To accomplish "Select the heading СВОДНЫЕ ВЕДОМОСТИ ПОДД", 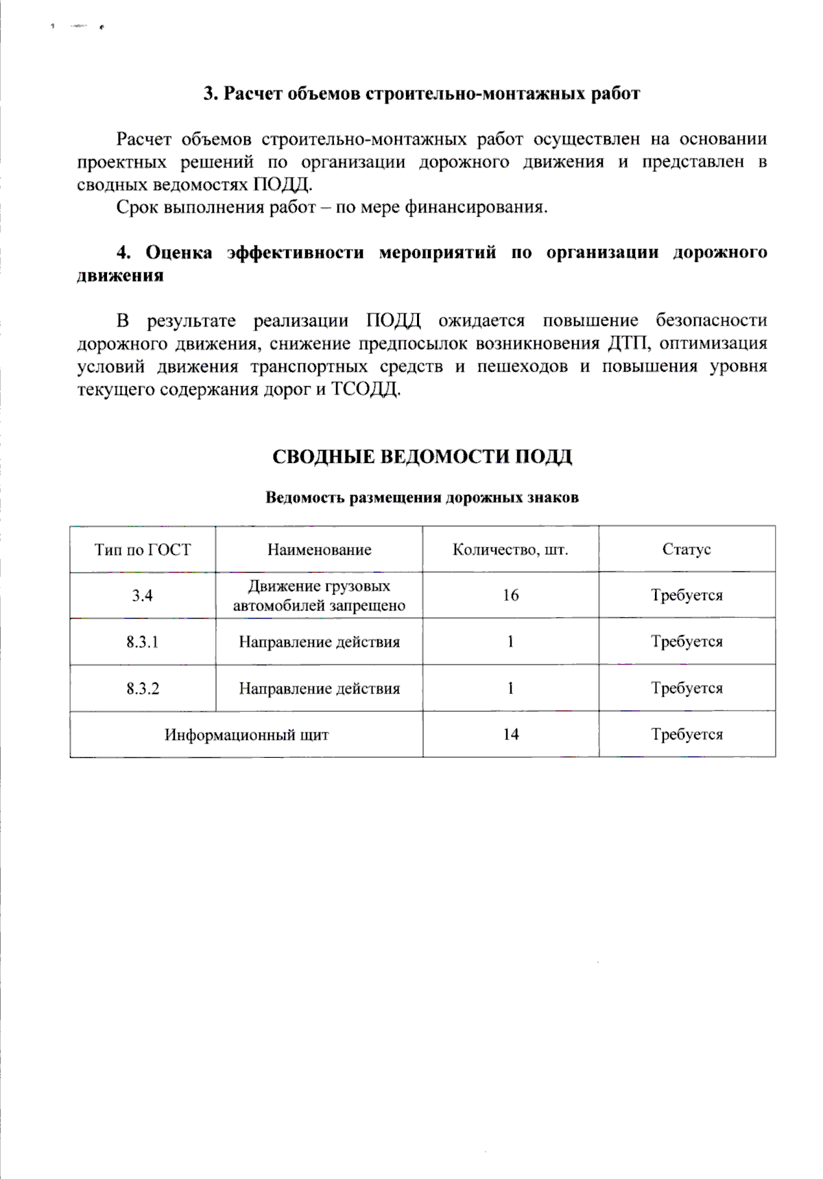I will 422,457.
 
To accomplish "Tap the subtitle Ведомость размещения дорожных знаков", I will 422,498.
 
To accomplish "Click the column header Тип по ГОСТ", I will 143,549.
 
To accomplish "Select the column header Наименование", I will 319,549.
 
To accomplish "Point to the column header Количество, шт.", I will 510,549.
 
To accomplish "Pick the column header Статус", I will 687,549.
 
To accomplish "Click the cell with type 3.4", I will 143,595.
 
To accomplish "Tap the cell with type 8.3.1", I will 143,642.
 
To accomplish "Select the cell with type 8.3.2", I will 143,689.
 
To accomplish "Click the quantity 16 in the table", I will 510,595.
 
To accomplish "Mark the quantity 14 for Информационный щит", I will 510,735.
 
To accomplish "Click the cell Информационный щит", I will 246,735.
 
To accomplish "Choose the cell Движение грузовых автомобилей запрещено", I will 319,595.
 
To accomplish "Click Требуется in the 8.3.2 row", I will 687,689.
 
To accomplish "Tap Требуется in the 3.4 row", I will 687,595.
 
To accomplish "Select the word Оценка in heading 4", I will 179,253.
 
